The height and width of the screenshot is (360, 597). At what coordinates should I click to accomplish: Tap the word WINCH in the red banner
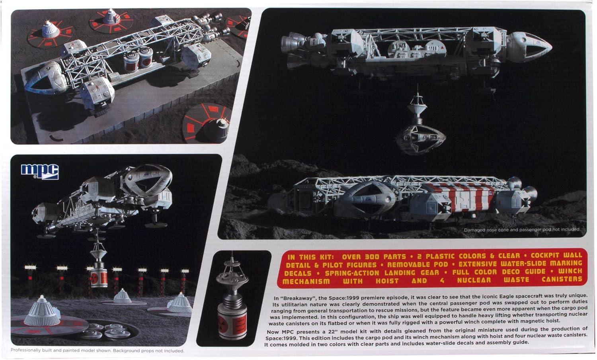point(570,272)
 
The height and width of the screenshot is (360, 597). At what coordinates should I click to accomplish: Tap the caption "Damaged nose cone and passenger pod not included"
point(522,229)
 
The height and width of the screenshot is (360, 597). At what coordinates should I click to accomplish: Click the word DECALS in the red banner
point(298,273)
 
